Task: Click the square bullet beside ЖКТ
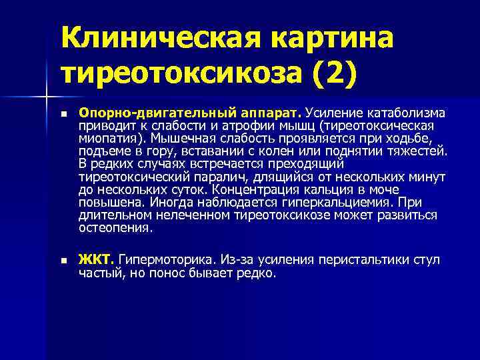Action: click(x=63, y=260)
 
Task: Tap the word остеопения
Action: click(x=115, y=227)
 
